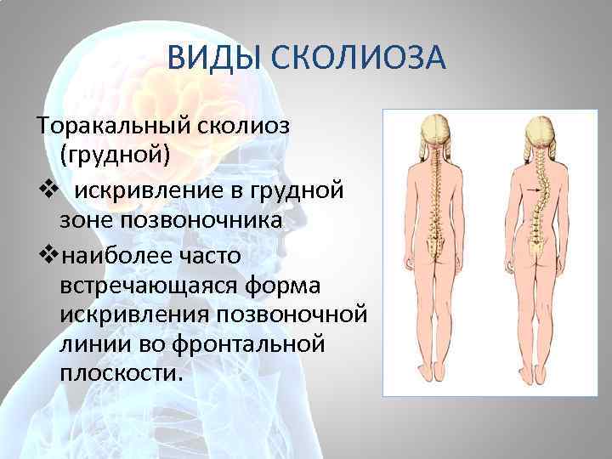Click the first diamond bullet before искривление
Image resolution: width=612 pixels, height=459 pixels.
46,189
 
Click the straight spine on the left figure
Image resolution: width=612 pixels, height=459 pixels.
439,195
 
